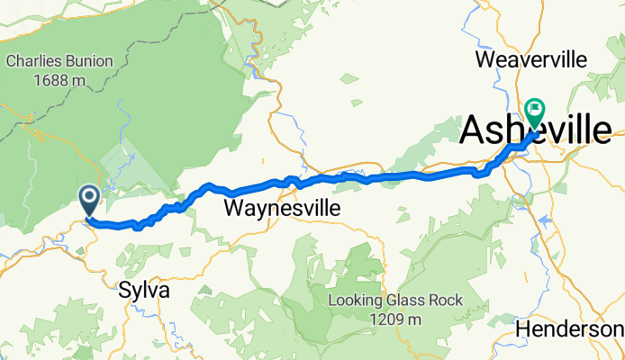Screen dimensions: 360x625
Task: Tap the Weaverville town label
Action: pos(530,60)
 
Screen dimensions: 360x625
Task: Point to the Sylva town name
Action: pos(144,292)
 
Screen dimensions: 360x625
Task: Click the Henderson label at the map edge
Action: pos(569,330)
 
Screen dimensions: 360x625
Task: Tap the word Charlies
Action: pos(35,62)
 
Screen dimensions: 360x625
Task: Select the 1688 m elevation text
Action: pos(59,80)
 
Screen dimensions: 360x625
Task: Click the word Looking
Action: pos(357,301)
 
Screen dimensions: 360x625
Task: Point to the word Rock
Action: pos(446,301)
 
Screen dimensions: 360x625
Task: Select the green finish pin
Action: pos(535,113)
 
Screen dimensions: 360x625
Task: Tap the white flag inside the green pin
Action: pos(535,111)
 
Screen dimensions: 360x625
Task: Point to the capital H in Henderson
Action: pos(523,330)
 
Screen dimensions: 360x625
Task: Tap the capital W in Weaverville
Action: pos(483,60)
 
